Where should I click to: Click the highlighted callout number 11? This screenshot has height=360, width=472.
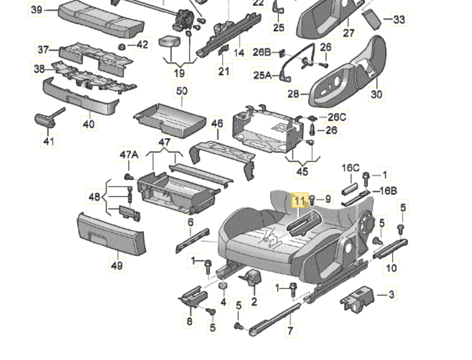click(300, 200)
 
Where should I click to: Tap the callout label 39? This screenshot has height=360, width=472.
click(37, 10)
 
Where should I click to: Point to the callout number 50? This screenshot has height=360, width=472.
click(182, 90)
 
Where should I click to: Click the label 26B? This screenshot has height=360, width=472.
click(262, 52)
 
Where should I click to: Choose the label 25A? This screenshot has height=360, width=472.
click(263, 75)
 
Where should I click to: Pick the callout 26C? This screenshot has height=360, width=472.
click(337, 117)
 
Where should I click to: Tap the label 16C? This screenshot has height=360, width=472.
click(351, 168)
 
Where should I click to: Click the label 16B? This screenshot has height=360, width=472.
click(388, 191)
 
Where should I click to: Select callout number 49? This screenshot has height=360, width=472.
click(117, 265)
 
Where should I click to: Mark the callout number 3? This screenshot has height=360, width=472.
click(391, 294)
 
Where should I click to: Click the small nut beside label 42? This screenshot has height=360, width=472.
click(122, 47)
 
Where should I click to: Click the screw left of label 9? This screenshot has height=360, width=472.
click(312, 200)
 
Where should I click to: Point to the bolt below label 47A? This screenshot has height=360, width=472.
click(129, 177)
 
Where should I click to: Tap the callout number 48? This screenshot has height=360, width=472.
click(94, 197)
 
